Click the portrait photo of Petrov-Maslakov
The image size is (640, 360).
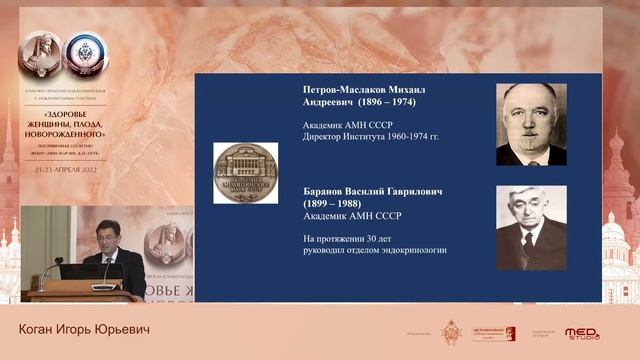pos(531,124)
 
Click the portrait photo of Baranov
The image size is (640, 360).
pos(531,227)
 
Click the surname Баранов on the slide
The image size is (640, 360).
pos(325,190)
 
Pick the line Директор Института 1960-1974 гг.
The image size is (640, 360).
pos(370,137)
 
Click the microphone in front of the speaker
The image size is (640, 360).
pos(105,267)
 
